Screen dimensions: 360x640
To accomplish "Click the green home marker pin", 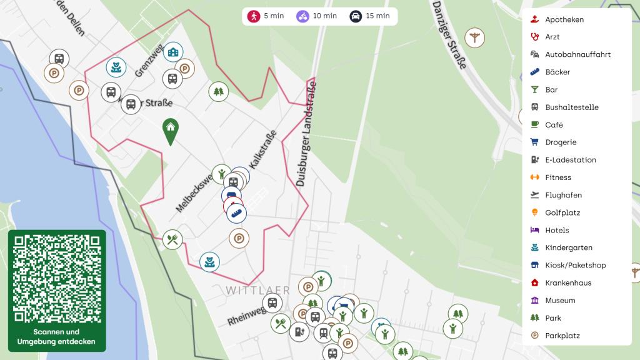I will point(169,131).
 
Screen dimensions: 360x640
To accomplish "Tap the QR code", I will point(57,278).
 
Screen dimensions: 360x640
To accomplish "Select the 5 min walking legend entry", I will point(266,16).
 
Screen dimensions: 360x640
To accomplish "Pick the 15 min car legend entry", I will point(369,16).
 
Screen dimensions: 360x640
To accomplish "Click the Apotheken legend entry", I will point(564,19).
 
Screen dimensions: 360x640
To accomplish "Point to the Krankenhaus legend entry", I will point(568,282).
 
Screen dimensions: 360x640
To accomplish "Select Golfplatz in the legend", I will point(562,212).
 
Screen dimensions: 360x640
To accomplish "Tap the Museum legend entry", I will point(560,300).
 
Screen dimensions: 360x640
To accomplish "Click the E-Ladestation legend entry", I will point(571,160).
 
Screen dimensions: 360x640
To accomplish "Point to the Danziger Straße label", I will point(449,35).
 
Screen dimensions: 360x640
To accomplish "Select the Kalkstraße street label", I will point(262,149).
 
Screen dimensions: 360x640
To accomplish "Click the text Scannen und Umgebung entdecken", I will point(57,336).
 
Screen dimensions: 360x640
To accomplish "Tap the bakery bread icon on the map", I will point(236,213).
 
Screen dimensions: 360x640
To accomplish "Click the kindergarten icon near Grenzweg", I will point(116,66).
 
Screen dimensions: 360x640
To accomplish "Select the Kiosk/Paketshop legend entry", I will point(575,265).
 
